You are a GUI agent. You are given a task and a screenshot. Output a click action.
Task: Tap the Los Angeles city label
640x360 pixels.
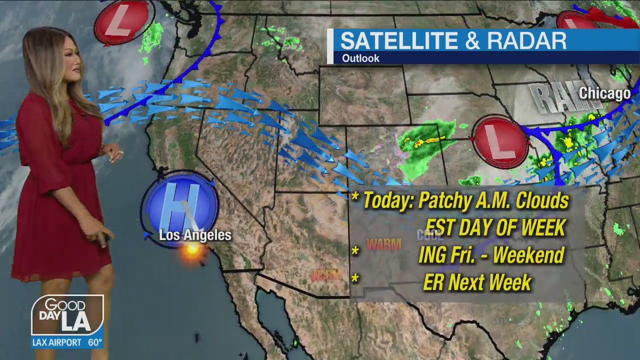(x=195, y=235)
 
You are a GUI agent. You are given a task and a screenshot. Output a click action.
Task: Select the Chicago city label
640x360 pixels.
(x=604, y=93)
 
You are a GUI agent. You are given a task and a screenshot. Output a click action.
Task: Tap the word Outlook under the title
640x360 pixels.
(x=360, y=58)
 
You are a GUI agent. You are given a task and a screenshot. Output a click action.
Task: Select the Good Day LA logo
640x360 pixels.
(x=67, y=316)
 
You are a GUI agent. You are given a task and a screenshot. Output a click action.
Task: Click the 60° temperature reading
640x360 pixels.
(x=95, y=342)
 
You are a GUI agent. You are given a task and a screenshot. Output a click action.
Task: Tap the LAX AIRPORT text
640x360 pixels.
(x=57, y=342)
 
